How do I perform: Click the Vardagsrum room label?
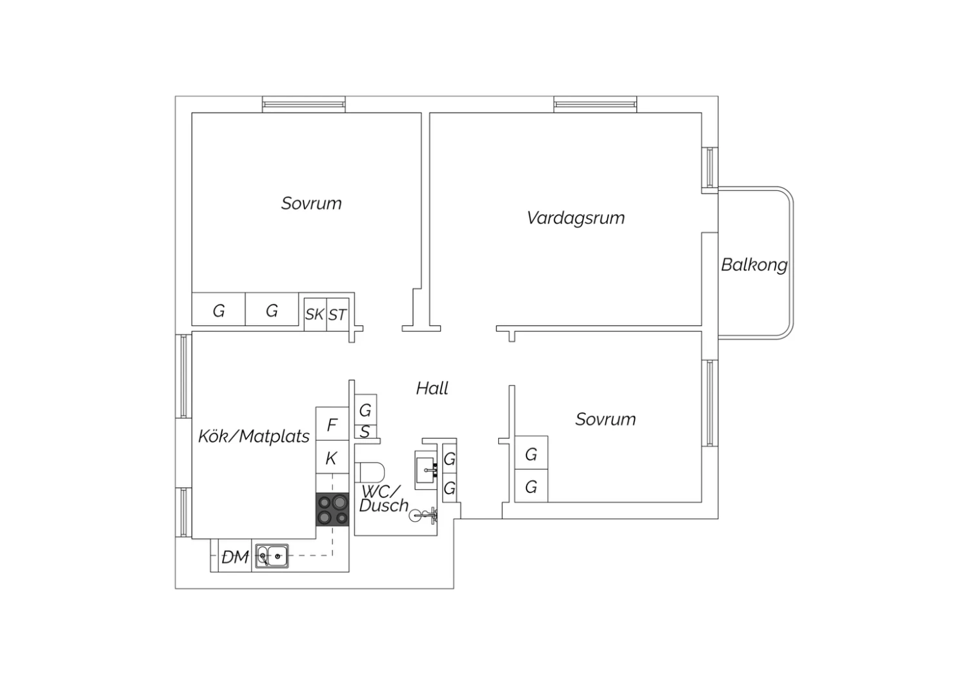point(576,218)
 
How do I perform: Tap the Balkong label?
point(754,265)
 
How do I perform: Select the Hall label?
point(432,388)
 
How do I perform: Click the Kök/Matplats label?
point(254,436)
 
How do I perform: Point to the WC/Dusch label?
point(383,499)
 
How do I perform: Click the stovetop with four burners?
point(332,509)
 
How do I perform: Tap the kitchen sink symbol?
point(272,556)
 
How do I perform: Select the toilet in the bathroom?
point(370,472)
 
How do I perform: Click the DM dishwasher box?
point(235,556)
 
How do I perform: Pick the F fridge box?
point(332,424)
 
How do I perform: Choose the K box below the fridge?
point(332,457)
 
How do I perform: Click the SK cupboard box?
point(315,314)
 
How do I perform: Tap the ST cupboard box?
point(338,314)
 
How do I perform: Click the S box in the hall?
point(366,431)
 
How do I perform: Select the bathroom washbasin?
point(427,470)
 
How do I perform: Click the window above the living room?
point(595,104)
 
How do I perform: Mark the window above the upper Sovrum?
point(304,104)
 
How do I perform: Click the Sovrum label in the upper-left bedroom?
point(311,203)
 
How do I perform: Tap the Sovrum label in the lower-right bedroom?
point(605,419)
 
